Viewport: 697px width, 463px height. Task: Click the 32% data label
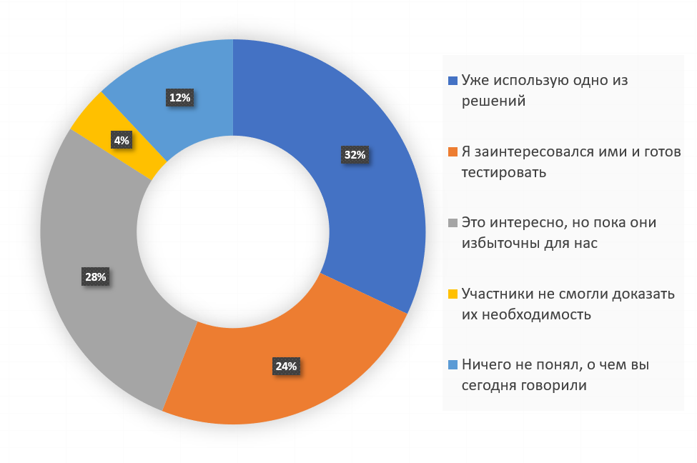pos(355,155)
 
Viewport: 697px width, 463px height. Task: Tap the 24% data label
pos(285,367)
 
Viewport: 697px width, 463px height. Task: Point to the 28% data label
pos(95,277)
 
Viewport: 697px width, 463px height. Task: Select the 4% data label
pos(122,141)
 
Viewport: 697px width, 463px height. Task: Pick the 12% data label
pos(179,98)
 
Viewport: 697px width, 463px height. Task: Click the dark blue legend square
pos(453,81)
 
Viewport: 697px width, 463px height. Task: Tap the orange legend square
pos(453,152)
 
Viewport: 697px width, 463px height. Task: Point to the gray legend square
pos(453,223)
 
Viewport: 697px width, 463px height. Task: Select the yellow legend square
pos(453,294)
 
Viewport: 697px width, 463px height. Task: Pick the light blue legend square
pos(453,364)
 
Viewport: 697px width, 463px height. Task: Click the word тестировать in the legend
pos(504,172)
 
